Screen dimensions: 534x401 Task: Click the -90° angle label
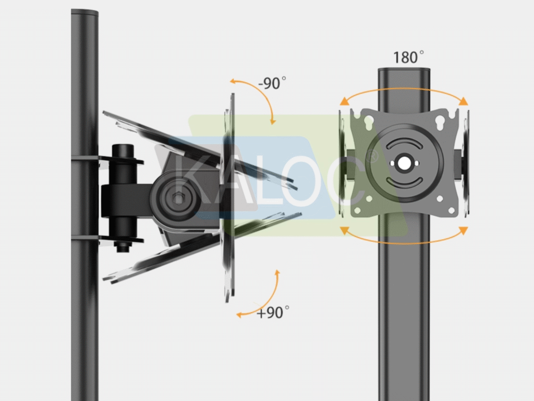coord(272,83)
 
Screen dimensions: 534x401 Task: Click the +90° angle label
coord(273,312)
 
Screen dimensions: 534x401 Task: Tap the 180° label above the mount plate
coord(408,57)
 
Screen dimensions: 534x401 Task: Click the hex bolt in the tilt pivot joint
coord(177,198)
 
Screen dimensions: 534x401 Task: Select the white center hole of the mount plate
coord(404,163)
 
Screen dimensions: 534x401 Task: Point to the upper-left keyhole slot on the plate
coord(369,122)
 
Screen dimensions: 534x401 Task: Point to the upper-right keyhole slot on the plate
coord(440,122)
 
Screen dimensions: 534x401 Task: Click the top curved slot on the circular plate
coord(404,143)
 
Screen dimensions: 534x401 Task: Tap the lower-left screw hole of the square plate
coord(358,211)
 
